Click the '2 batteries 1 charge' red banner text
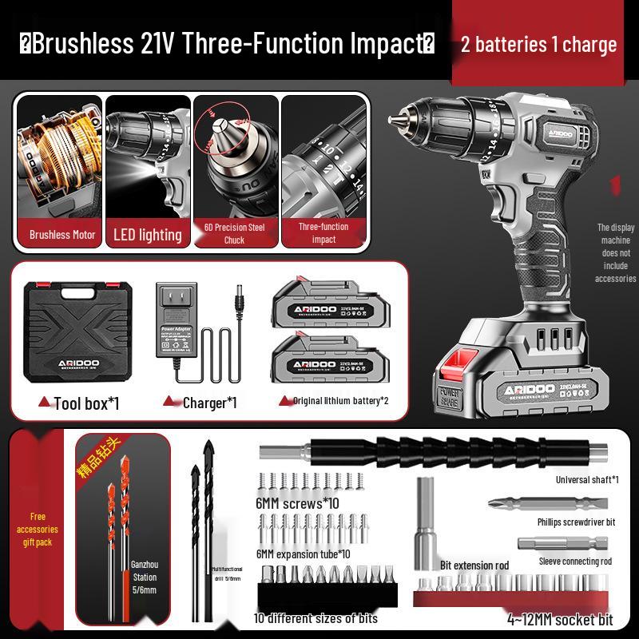[539, 44]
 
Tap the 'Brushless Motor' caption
[62, 235]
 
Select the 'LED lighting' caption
[149, 235]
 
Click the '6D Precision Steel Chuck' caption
[234, 233]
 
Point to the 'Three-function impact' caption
[323, 233]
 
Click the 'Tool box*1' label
[86, 403]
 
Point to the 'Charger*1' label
[209, 403]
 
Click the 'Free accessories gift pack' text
[38, 529]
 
